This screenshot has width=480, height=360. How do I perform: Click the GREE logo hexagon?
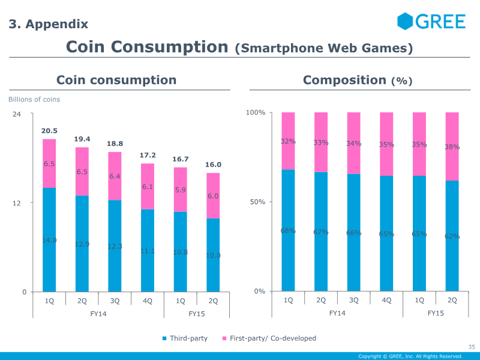(406, 21)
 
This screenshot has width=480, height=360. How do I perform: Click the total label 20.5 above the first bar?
(49, 131)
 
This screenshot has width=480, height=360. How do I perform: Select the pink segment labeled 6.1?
(148, 187)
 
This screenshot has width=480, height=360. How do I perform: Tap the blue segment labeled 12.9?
(82, 244)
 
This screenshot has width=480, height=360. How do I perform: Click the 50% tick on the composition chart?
(257, 202)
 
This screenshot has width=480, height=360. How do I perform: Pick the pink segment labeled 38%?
(452, 147)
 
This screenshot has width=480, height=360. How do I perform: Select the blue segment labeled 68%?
(288, 230)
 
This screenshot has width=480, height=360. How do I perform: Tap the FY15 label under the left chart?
(197, 313)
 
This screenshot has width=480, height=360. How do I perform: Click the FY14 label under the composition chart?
(337, 313)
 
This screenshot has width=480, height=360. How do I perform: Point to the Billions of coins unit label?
(34, 100)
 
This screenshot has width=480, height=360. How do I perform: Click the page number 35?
(471, 346)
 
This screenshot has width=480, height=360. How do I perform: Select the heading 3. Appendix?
(48, 25)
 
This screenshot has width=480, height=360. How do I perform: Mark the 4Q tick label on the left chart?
(148, 301)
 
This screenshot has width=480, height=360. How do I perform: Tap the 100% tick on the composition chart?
(256, 113)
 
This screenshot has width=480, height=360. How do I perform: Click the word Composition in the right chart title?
(344, 80)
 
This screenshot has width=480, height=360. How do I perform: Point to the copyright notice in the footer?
(410, 356)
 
